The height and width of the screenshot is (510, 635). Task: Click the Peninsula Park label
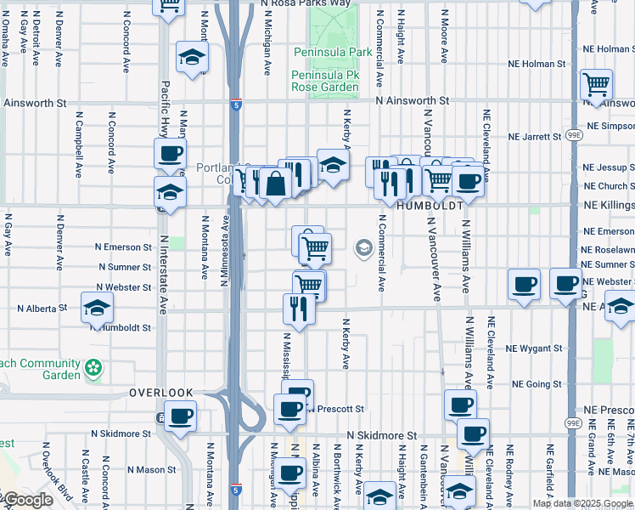333,52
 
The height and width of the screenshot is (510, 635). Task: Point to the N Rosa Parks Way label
306,3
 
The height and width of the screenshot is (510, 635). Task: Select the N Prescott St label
337,409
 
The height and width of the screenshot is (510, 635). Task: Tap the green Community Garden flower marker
93,369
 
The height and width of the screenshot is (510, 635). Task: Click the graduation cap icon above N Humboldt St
98,308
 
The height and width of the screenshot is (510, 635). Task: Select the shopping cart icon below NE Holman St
597,84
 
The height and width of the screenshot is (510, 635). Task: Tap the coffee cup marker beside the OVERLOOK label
180,416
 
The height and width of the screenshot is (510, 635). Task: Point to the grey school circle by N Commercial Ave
364,248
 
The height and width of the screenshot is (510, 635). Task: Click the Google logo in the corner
27,501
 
